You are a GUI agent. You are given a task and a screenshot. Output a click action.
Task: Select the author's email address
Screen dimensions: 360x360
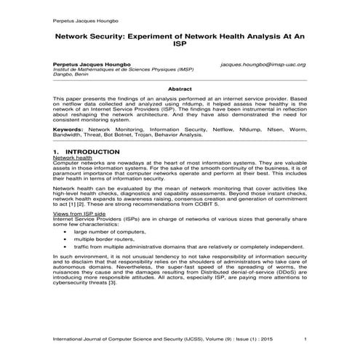coord(263,64)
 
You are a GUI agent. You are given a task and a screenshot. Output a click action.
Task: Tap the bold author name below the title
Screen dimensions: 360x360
coord(92,64)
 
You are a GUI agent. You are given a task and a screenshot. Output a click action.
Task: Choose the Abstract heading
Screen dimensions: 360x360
coord(180,88)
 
